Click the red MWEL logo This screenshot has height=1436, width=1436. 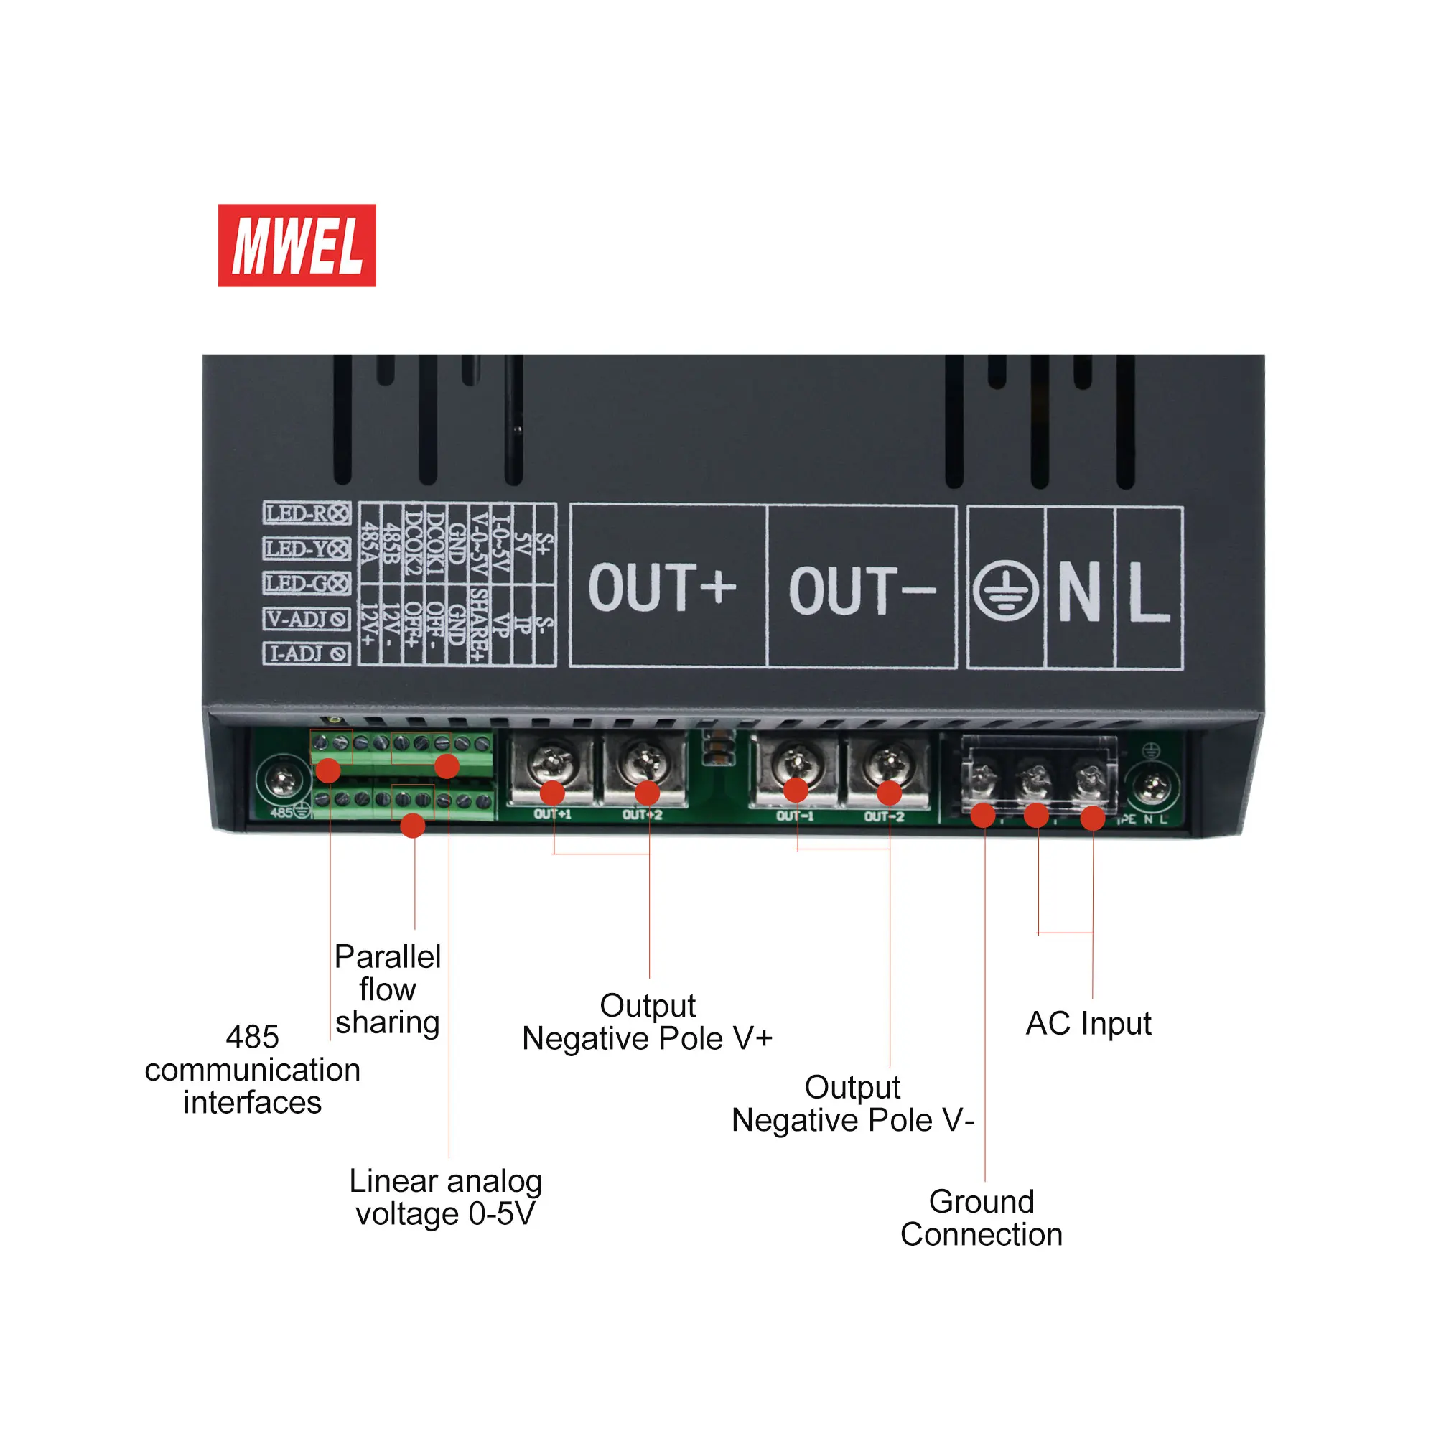coord(297,246)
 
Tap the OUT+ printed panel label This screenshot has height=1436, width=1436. coord(661,587)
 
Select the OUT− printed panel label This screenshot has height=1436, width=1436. coord(862,590)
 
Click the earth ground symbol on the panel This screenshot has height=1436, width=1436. coord(1006,591)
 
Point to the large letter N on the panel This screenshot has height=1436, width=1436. coord(1079,591)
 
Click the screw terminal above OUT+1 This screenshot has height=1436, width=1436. coord(551,761)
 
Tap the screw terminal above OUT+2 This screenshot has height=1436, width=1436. coord(643,761)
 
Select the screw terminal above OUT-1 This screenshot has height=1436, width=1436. coord(796,761)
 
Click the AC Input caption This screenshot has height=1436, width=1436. coord(1088,1023)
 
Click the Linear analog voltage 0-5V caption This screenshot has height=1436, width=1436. coord(445,1198)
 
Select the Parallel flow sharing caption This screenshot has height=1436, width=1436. coord(387,989)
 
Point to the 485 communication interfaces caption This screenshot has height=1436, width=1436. coord(253,1070)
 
